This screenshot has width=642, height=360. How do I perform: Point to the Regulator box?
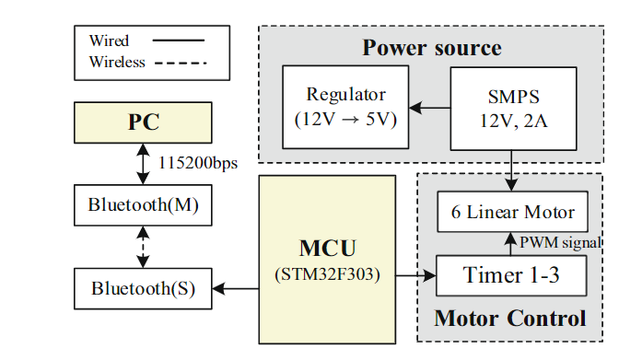[x=346, y=108]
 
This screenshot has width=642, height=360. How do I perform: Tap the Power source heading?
[x=431, y=48]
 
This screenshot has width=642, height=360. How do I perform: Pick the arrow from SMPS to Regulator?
[x=429, y=108]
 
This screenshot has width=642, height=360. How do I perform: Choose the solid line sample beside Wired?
[x=179, y=41]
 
